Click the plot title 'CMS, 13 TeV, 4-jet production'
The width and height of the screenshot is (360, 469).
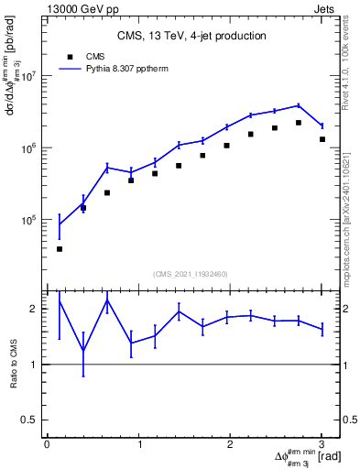point(191,37)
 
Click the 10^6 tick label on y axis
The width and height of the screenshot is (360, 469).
point(28,147)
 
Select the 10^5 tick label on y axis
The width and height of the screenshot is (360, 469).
point(28,220)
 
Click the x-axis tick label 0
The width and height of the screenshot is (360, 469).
point(47,445)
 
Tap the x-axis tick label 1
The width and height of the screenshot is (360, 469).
point(139,445)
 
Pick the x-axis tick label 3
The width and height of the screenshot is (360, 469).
point(322,445)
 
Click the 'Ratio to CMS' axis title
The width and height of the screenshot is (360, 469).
point(13,364)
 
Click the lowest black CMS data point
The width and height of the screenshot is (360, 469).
point(60,249)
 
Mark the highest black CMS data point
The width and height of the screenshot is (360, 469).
point(299,123)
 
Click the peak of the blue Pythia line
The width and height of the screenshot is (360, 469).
point(299,105)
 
